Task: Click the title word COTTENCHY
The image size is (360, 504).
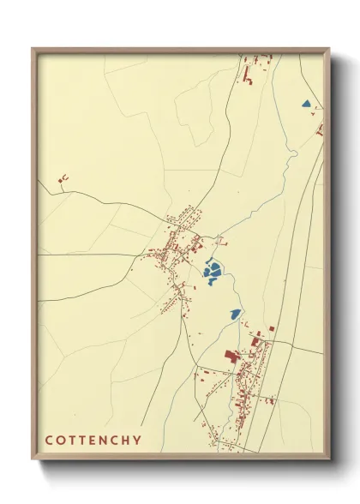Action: pyautogui.click(x=93, y=441)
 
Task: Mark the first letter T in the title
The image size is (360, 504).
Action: pyautogui.click(x=71, y=441)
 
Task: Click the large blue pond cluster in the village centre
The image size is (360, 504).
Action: pyautogui.click(x=213, y=273)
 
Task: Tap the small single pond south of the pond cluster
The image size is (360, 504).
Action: pyautogui.click(x=234, y=315)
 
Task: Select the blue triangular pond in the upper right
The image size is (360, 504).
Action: pyautogui.click(x=305, y=105)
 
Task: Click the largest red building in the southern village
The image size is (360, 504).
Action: pyautogui.click(x=230, y=356)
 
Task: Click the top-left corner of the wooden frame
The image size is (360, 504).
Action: pyautogui.click(x=33, y=49)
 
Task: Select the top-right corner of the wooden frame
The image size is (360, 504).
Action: pyautogui.click(x=329, y=49)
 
